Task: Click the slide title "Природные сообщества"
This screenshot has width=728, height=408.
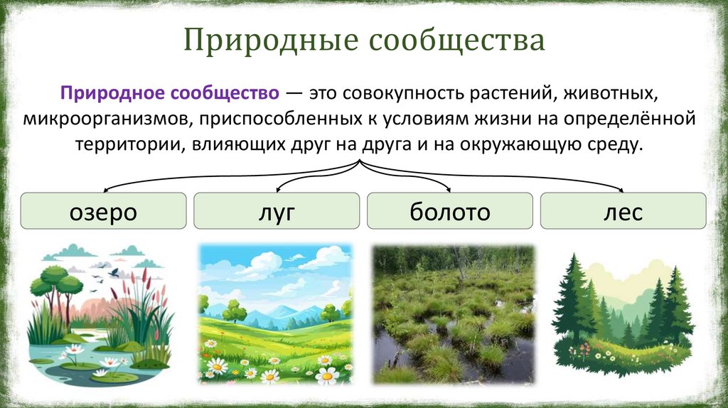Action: coord(365,41)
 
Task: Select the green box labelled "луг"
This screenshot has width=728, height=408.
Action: coord(277,211)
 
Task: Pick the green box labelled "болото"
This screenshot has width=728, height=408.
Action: coord(449,211)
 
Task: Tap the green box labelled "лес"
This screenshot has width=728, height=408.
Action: coord(623,211)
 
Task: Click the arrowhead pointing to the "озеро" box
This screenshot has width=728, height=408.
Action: coord(106,190)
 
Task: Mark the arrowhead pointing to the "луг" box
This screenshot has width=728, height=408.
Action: coord(278,190)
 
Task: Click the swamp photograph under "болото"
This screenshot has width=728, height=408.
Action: coord(453,314)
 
